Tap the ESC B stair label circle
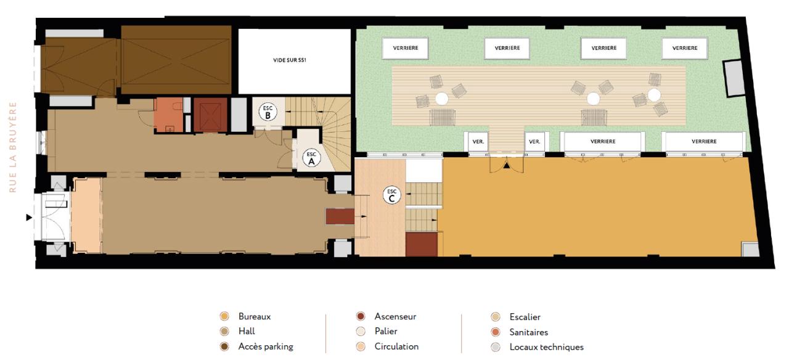(268, 112)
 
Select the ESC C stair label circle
(391, 195)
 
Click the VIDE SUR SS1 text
(290, 60)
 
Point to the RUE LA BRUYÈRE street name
(13, 147)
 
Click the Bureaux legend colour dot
(224, 316)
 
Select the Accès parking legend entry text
(266, 346)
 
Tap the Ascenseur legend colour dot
(361, 316)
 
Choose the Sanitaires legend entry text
(529, 332)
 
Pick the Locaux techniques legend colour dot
(496, 347)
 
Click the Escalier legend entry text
(525, 317)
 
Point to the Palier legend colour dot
(361, 332)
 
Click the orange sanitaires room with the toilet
(169, 115)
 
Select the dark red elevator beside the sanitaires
(210, 115)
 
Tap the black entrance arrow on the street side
(29, 218)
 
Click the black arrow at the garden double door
(506, 165)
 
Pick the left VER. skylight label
(478, 142)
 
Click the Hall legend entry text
(247, 332)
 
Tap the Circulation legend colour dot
(361, 346)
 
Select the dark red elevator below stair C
(422, 244)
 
